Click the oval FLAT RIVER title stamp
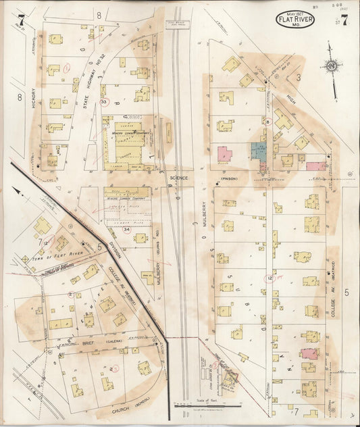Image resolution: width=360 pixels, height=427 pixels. coord(296,20)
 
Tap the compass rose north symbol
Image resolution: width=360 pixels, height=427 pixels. coord(331,67)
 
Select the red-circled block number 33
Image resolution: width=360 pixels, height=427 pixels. coord(103,101)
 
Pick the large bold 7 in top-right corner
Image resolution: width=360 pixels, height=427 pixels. coord(344,20)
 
